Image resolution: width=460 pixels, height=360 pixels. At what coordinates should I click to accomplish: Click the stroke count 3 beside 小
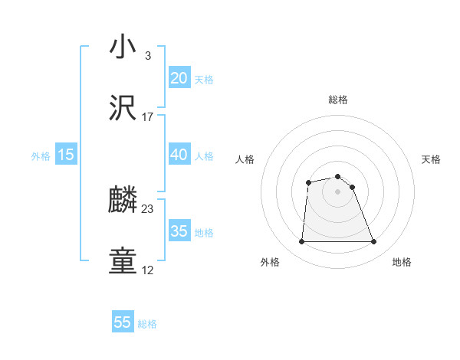click(147, 56)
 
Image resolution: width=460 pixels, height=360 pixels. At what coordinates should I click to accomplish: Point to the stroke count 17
click(148, 117)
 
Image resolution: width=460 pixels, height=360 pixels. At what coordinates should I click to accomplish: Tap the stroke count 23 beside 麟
click(148, 209)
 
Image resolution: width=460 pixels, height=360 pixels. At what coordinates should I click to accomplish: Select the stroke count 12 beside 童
click(148, 270)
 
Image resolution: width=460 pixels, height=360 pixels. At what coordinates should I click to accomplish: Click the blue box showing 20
click(179, 78)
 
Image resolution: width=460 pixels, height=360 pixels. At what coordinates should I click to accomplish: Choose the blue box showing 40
click(179, 155)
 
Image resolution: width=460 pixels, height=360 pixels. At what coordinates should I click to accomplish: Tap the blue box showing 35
click(179, 231)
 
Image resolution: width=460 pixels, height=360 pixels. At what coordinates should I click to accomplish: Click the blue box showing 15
click(66, 155)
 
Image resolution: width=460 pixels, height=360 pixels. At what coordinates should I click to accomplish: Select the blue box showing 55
click(123, 322)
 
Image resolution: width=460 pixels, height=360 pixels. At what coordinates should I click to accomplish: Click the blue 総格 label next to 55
click(147, 324)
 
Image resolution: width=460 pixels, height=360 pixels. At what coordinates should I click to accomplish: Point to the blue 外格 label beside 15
click(41, 156)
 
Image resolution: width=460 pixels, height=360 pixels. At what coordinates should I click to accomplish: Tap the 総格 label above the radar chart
click(338, 100)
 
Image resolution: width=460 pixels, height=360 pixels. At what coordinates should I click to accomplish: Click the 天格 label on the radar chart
click(432, 159)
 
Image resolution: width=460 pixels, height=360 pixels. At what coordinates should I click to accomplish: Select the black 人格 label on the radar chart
click(245, 159)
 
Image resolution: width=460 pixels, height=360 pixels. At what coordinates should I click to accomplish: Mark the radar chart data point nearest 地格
click(374, 242)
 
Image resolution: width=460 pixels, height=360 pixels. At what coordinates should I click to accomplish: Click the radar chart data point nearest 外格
click(301, 242)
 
